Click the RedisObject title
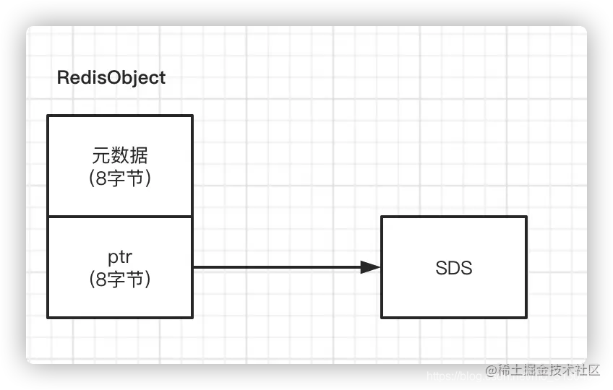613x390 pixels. click(111, 77)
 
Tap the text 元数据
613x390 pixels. click(120, 156)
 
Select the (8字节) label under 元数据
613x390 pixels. click(120, 178)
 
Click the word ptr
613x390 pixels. click(120, 257)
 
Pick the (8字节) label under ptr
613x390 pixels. click(120, 279)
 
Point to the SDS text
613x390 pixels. click(454, 268)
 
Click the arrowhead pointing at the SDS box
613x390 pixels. click(372, 267)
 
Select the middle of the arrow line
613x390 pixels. click(286, 267)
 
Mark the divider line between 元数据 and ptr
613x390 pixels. click(120, 217)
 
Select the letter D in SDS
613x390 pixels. click(454, 268)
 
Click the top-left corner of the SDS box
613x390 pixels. click(382, 217)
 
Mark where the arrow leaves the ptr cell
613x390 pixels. click(193, 267)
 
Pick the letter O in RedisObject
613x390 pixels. click(108, 77)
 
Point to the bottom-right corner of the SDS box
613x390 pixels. click(526, 317)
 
